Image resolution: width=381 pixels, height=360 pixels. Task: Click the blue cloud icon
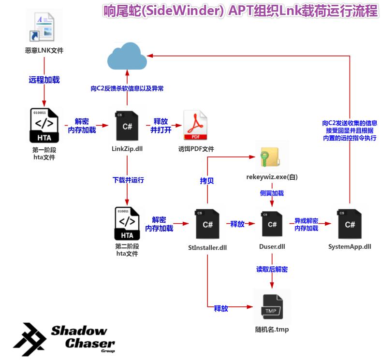point(127,58)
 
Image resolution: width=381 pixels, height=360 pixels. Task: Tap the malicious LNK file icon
point(44,28)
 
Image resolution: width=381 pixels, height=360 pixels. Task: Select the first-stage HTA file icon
point(44,125)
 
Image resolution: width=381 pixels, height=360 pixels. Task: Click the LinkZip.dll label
point(127,148)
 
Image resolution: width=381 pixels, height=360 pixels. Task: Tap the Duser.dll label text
point(272,246)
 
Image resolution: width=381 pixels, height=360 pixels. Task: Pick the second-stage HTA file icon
point(127,223)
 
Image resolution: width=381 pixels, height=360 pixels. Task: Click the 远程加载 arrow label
point(44,80)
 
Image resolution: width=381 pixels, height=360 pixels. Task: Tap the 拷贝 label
point(207,181)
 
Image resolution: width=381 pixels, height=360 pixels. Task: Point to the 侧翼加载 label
point(272,193)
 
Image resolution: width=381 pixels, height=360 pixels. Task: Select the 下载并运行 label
point(128,180)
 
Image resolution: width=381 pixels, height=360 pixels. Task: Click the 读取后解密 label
point(272,269)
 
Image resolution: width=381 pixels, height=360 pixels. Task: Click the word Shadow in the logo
point(79,331)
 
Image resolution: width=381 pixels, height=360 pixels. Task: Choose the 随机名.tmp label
point(272,330)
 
